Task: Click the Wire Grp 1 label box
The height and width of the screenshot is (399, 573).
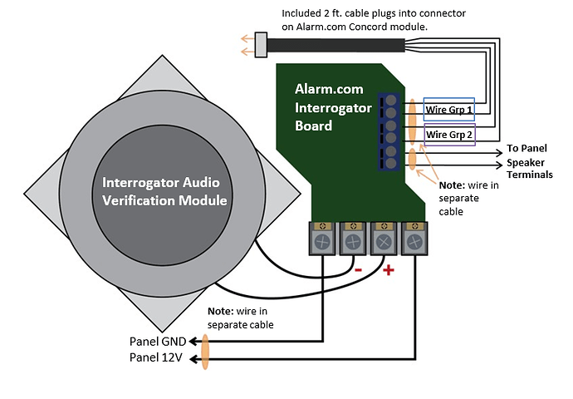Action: tap(449, 109)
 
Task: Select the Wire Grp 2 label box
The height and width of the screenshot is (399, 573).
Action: tap(448, 134)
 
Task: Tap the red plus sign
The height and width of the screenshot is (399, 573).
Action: tap(389, 270)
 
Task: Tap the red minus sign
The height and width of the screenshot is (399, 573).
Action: tap(358, 271)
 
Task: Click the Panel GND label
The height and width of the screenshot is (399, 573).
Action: tap(158, 341)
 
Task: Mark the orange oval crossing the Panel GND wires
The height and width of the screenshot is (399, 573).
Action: tap(204, 350)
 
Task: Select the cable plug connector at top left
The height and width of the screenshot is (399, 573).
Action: tap(262, 44)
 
